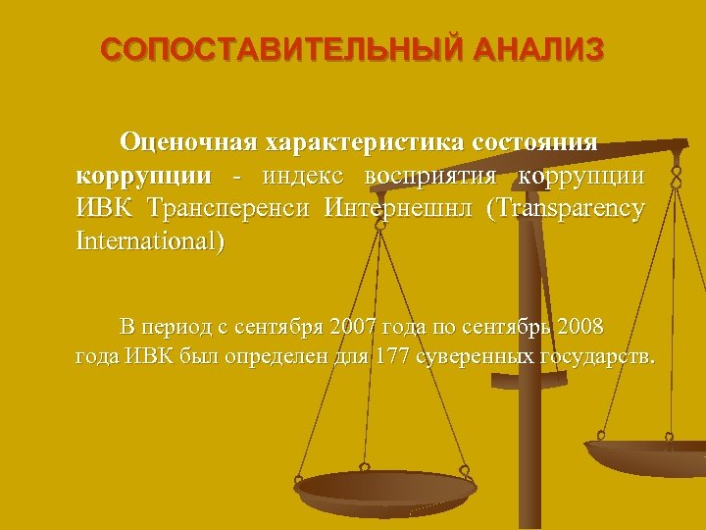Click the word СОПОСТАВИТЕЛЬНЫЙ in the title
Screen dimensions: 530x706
[x=284, y=50]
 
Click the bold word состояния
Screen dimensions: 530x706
[x=534, y=142]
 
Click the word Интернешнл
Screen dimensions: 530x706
[x=397, y=208]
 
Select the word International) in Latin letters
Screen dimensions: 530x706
[x=149, y=240]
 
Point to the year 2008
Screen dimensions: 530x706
[x=580, y=325]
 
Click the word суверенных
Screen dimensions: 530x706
[x=477, y=355]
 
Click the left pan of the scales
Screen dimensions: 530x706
[x=384, y=488]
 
